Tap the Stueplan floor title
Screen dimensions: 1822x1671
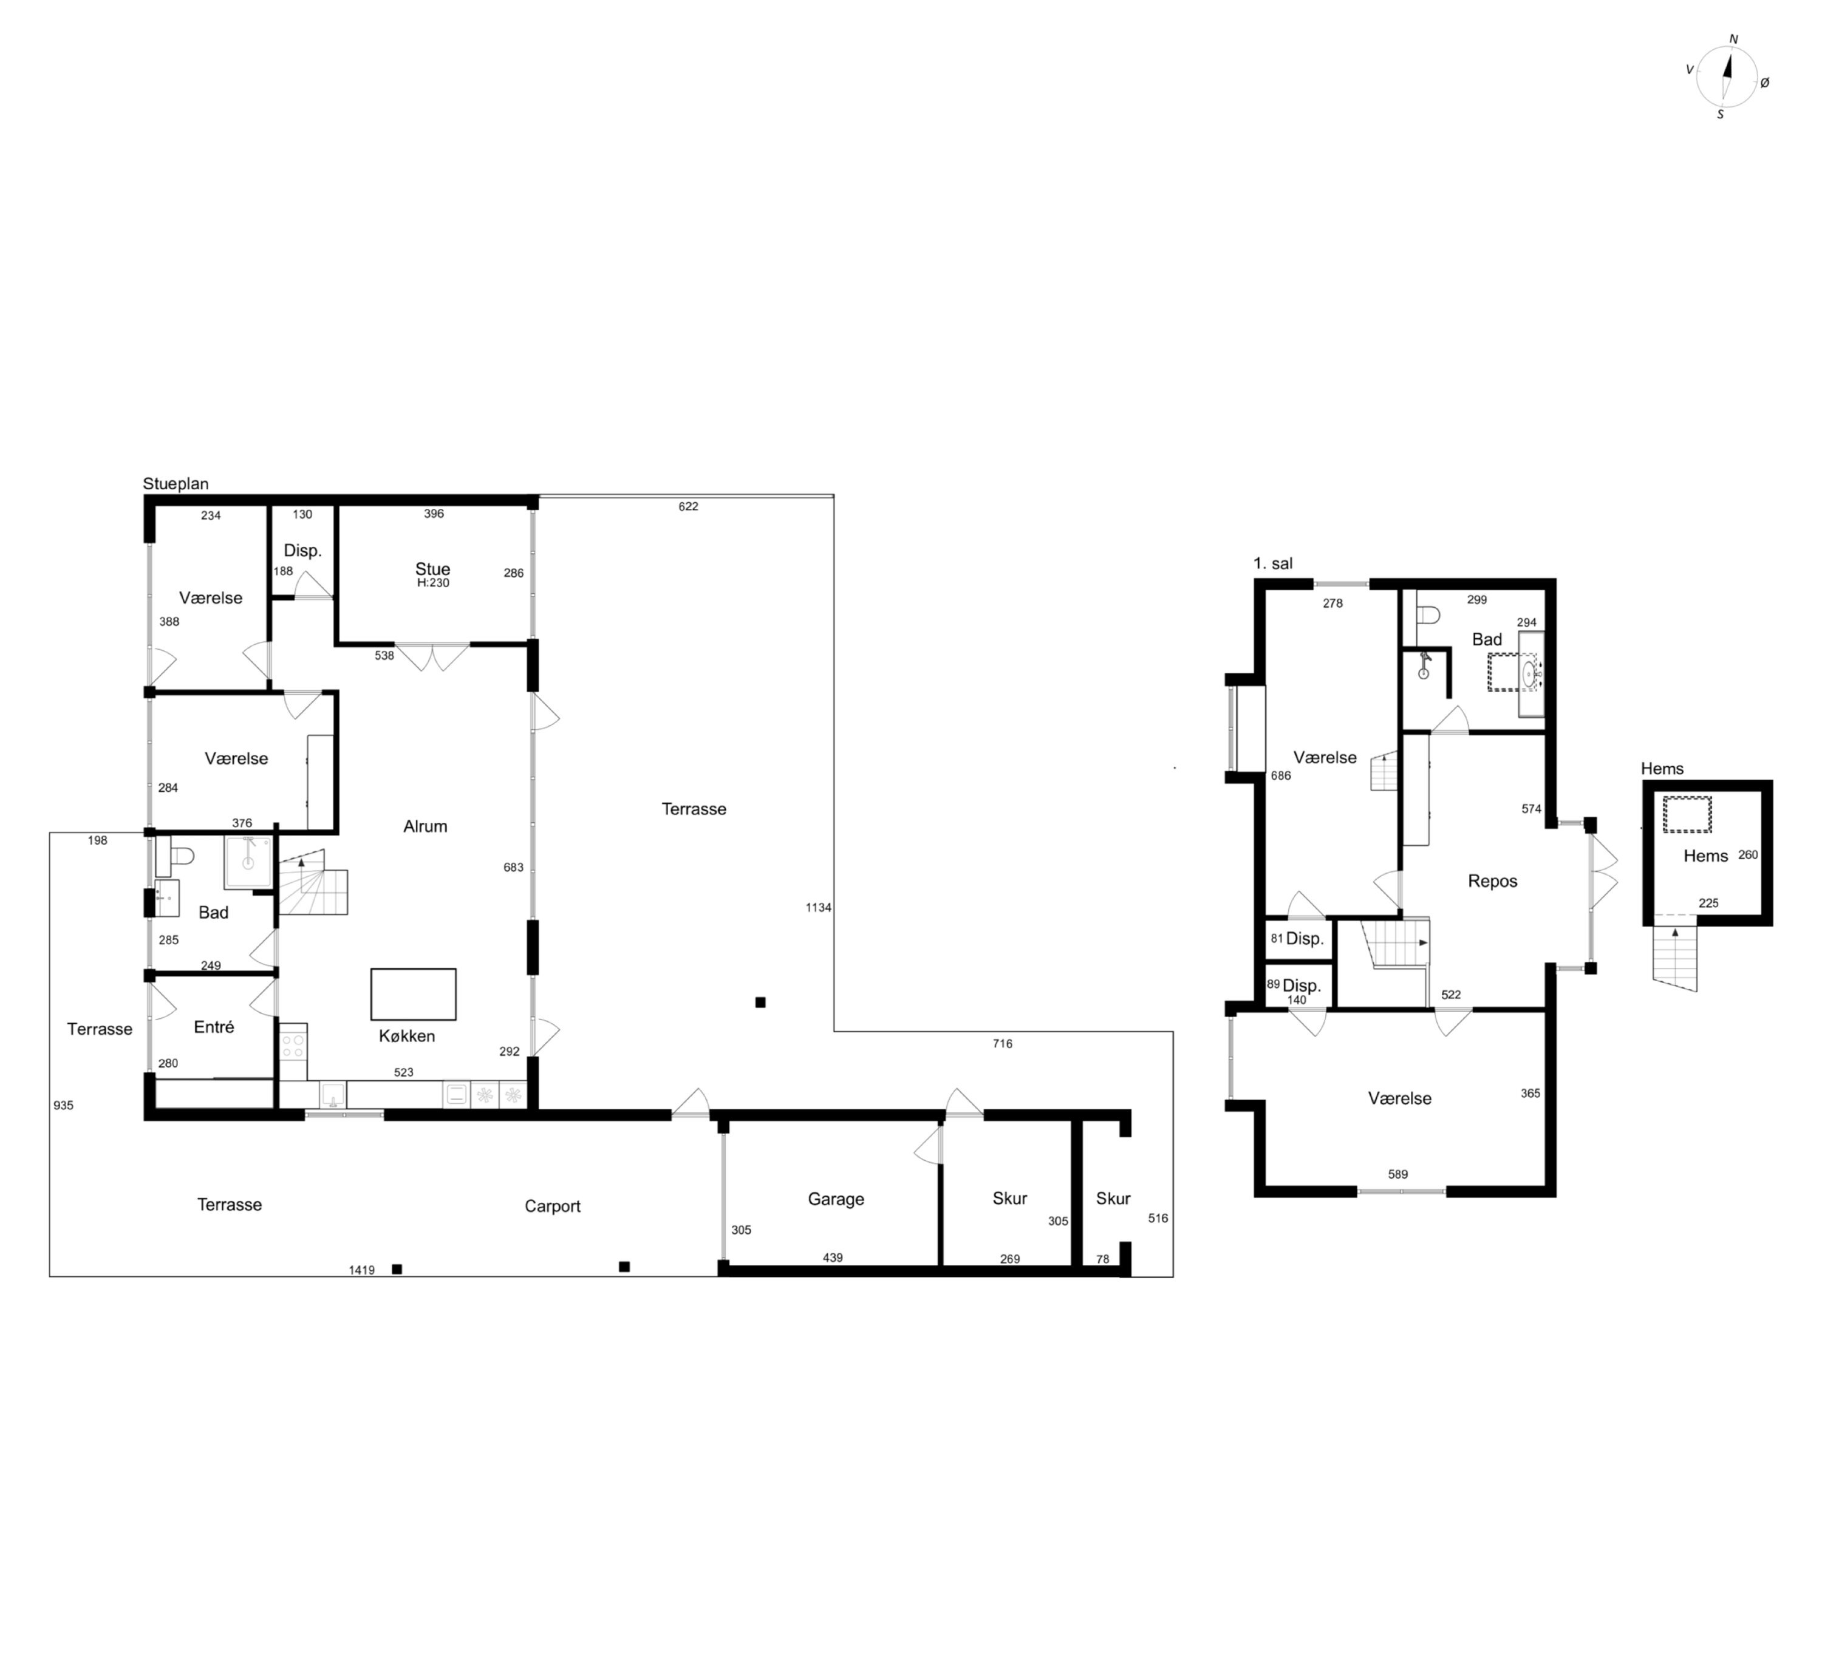(176, 484)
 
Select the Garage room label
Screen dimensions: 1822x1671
(836, 1199)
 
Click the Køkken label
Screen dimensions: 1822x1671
(407, 1036)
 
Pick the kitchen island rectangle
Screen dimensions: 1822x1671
(413, 995)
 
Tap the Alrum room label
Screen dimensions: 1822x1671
(425, 826)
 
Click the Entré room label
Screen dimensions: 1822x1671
(214, 1027)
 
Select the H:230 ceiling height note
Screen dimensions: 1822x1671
(433, 584)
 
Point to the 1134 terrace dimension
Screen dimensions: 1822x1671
(818, 908)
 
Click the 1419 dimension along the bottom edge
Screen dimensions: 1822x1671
(362, 1270)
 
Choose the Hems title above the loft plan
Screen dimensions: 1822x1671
(1662, 769)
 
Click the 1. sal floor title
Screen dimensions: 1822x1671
(1272, 563)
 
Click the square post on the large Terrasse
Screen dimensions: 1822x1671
(760, 1002)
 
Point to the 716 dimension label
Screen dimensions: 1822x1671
(1002, 1044)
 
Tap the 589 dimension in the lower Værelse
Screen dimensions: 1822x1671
(1398, 1174)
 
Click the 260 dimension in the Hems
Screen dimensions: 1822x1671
(1748, 854)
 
